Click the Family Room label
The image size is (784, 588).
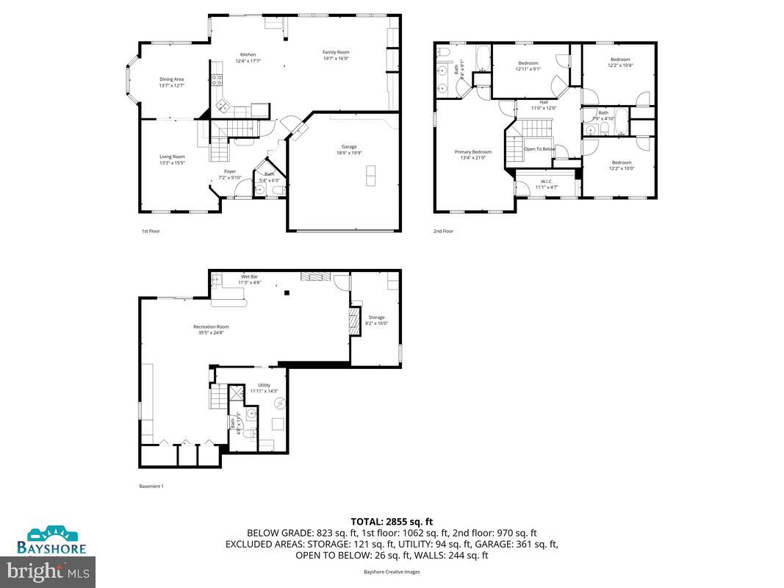[x=336, y=52]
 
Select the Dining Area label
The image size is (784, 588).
[x=171, y=79]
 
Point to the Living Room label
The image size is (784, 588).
[x=172, y=157]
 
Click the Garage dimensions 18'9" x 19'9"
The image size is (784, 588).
[x=348, y=153]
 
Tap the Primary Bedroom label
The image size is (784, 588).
[x=472, y=152]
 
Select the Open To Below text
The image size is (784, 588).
[x=539, y=148]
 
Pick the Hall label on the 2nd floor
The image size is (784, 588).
[x=544, y=102]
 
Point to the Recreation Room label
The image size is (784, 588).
[x=211, y=326]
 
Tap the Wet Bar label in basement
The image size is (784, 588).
[x=248, y=276]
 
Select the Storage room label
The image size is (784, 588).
[x=376, y=318]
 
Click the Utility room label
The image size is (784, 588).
[x=264, y=385]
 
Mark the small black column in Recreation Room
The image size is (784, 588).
[x=288, y=293]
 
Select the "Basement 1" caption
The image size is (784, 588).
[x=151, y=486]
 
